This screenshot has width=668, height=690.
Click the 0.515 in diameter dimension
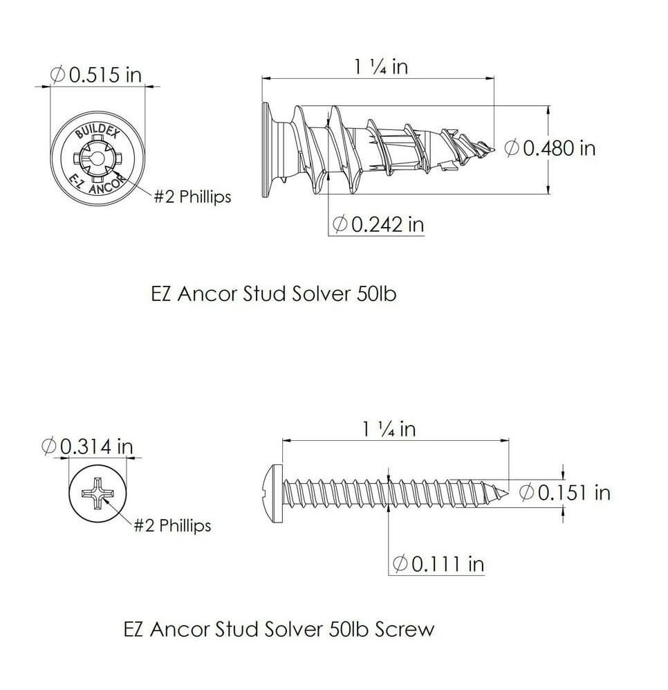(x=96, y=74)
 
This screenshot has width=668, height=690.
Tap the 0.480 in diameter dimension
(x=550, y=148)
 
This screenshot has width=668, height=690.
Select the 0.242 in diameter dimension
(x=378, y=224)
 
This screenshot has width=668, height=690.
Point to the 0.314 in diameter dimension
(x=87, y=446)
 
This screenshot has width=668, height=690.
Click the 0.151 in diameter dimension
(x=565, y=493)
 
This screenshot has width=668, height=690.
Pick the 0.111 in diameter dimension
(x=438, y=564)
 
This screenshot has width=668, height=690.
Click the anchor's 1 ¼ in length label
(x=381, y=67)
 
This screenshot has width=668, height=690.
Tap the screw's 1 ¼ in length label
(x=389, y=428)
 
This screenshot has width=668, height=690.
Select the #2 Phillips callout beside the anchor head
(x=192, y=197)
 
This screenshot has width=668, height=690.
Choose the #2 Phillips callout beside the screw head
(x=172, y=525)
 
